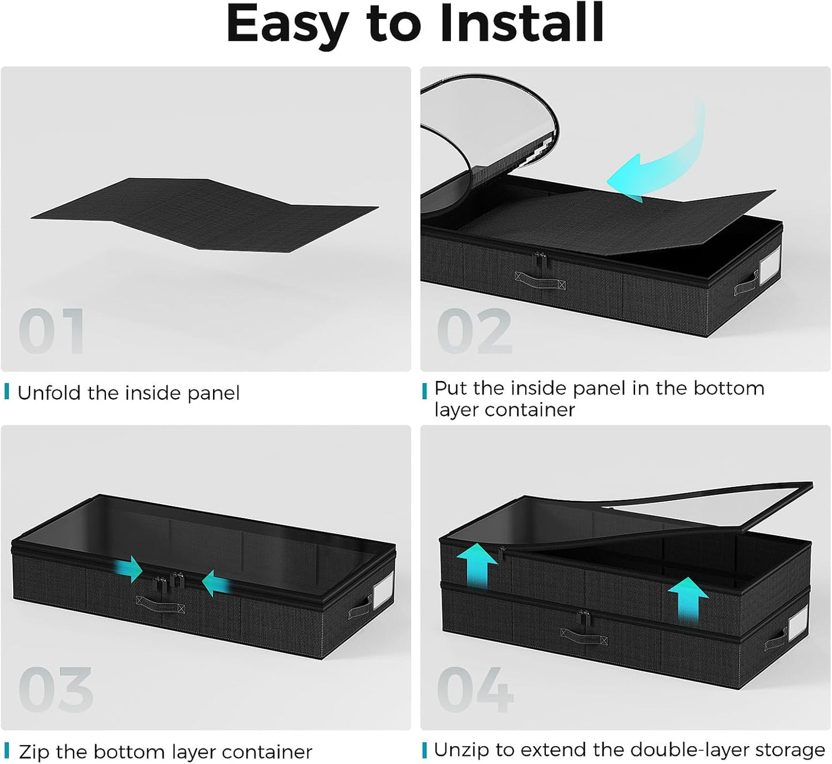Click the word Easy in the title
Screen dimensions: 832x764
click(287, 27)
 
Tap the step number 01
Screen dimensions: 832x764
click(51, 331)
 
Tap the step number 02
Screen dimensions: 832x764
click(474, 331)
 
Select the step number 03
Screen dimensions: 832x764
click(56, 690)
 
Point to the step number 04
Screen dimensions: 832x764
click(476, 690)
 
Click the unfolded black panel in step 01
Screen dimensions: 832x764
click(205, 215)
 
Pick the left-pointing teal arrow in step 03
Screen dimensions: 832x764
click(216, 583)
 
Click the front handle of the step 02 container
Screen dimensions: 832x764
click(540, 281)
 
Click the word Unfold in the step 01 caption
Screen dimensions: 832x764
click(50, 393)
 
